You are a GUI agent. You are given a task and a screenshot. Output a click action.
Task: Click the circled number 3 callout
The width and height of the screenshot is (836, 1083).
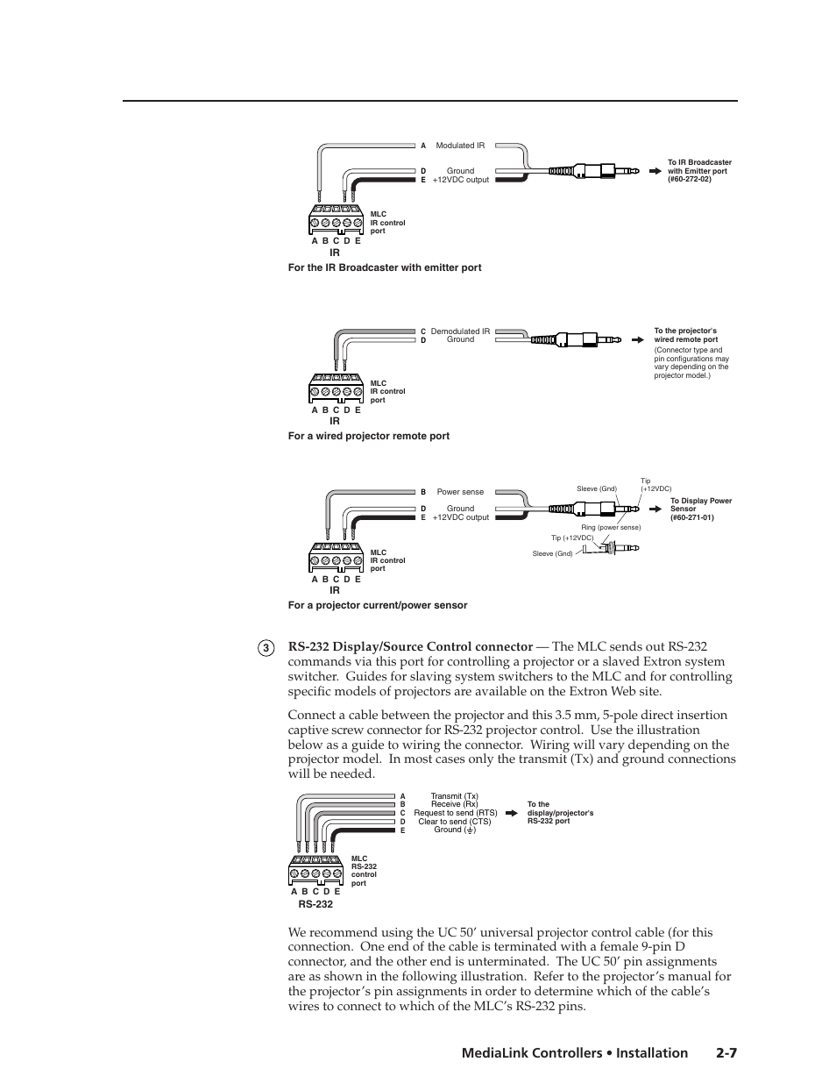tap(266, 648)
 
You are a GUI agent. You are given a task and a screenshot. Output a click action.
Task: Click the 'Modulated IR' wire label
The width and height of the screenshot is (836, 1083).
tap(460, 146)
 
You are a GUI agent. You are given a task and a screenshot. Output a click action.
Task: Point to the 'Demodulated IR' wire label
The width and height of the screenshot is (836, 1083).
tap(460, 331)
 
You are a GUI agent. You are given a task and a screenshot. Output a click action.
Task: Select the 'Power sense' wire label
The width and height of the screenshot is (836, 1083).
tap(460, 492)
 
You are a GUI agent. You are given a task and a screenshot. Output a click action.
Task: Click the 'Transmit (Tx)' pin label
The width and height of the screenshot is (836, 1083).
tap(454, 796)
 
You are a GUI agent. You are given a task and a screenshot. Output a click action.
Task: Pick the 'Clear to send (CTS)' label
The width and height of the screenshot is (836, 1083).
tap(454, 822)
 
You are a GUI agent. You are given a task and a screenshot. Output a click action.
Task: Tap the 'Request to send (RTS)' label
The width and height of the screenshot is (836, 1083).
tap(454, 813)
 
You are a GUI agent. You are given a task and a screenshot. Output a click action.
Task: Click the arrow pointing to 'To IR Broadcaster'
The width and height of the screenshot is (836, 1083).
tap(654, 171)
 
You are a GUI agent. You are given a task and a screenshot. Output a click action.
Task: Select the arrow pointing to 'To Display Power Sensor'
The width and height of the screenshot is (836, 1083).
tap(655, 509)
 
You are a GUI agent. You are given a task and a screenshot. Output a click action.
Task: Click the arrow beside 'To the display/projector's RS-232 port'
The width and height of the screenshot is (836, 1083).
tap(513, 813)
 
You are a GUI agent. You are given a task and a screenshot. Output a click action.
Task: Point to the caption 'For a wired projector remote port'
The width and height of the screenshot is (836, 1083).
tap(368, 436)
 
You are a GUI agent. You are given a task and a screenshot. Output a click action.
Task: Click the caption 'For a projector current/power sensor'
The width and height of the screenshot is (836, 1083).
tap(377, 605)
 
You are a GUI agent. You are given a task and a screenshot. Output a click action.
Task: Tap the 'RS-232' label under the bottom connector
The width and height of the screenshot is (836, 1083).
tap(315, 904)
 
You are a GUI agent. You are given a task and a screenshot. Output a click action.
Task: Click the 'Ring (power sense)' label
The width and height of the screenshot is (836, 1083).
tap(611, 527)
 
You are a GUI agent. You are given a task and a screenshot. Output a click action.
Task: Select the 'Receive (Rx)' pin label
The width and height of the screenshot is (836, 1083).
tap(454, 804)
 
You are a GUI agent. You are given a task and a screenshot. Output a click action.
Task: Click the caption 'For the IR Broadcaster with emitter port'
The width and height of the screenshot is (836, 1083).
tap(384, 267)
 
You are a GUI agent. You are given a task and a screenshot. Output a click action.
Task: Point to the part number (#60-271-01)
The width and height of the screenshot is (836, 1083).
tap(692, 517)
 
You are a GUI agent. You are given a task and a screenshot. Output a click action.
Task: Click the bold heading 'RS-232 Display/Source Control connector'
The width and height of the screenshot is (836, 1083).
tap(410, 647)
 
